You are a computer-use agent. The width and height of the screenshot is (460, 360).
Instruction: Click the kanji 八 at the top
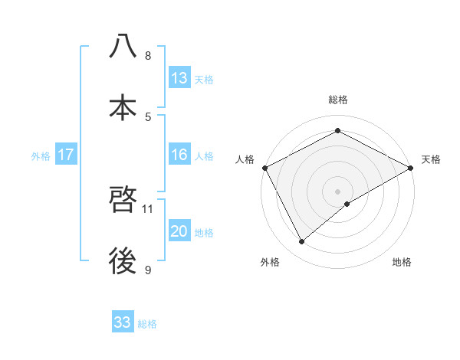[x=123, y=47]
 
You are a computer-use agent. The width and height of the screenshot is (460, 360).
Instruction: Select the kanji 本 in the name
[x=123, y=108]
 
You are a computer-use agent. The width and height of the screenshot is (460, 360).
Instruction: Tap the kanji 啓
[x=123, y=201]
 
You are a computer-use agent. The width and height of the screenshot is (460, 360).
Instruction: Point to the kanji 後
[x=123, y=262]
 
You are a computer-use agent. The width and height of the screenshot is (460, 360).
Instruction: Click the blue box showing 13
[x=179, y=78]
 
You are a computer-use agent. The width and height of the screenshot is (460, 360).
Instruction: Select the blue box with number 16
[x=179, y=155]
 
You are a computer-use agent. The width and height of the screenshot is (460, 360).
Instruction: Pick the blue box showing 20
[x=179, y=231]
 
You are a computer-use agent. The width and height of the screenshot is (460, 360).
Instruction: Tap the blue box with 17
[x=66, y=155]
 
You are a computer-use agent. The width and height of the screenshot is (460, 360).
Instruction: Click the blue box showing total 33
[x=123, y=322]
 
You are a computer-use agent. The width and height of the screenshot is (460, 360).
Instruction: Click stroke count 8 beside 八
[x=148, y=56]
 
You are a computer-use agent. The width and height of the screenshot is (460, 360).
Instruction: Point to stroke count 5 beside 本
[x=148, y=116]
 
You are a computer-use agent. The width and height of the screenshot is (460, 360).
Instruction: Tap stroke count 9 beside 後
[x=148, y=270]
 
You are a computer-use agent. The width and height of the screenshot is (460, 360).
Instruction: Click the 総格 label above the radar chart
[x=338, y=100]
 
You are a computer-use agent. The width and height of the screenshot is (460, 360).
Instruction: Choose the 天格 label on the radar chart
[x=431, y=159]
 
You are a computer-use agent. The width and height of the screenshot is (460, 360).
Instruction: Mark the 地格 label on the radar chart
[x=402, y=262]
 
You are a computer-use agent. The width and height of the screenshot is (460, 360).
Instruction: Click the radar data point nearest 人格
[x=264, y=167]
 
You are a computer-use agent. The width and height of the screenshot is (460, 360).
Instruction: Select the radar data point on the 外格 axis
[x=302, y=242]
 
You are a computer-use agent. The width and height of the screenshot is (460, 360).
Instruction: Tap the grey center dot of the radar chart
[x=338, y=191]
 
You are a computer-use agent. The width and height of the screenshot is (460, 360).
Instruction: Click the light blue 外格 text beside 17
[x=41, y=155]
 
